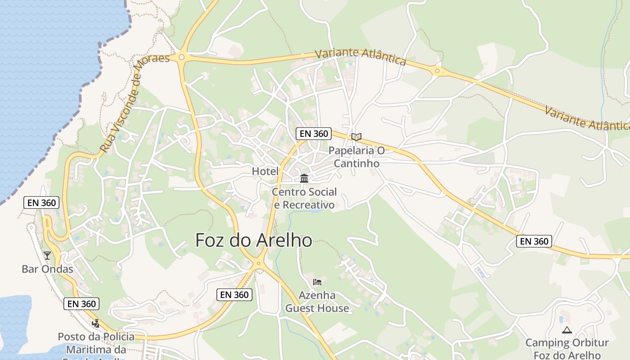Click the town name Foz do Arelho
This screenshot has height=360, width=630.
(254, 240)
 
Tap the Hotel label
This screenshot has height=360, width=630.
(265, 171)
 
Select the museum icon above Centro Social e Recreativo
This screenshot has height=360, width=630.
(304, 179)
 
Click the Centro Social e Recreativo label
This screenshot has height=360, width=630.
(304, 198)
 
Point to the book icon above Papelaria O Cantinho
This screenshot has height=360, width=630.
(356, 137)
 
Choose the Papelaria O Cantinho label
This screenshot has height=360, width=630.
(356, 157)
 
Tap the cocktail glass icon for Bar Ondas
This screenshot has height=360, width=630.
(47, 256)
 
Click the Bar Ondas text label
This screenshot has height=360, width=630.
(47, 269)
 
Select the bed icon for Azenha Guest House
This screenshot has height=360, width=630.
(317, 282)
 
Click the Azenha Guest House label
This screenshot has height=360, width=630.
(317, 302)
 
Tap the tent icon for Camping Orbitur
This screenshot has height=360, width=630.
(567, 330)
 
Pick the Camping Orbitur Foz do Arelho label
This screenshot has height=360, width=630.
(567, 349)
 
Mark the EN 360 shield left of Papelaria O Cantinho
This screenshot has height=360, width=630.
(313, 134)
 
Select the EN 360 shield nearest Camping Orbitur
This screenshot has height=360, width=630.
(534, 241)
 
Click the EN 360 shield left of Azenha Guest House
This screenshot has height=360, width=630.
(234, 295)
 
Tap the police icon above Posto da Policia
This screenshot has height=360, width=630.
(95, 323)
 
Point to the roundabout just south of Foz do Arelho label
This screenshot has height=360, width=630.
(259, 264)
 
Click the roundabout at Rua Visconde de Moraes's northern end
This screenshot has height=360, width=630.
(181, 57)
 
